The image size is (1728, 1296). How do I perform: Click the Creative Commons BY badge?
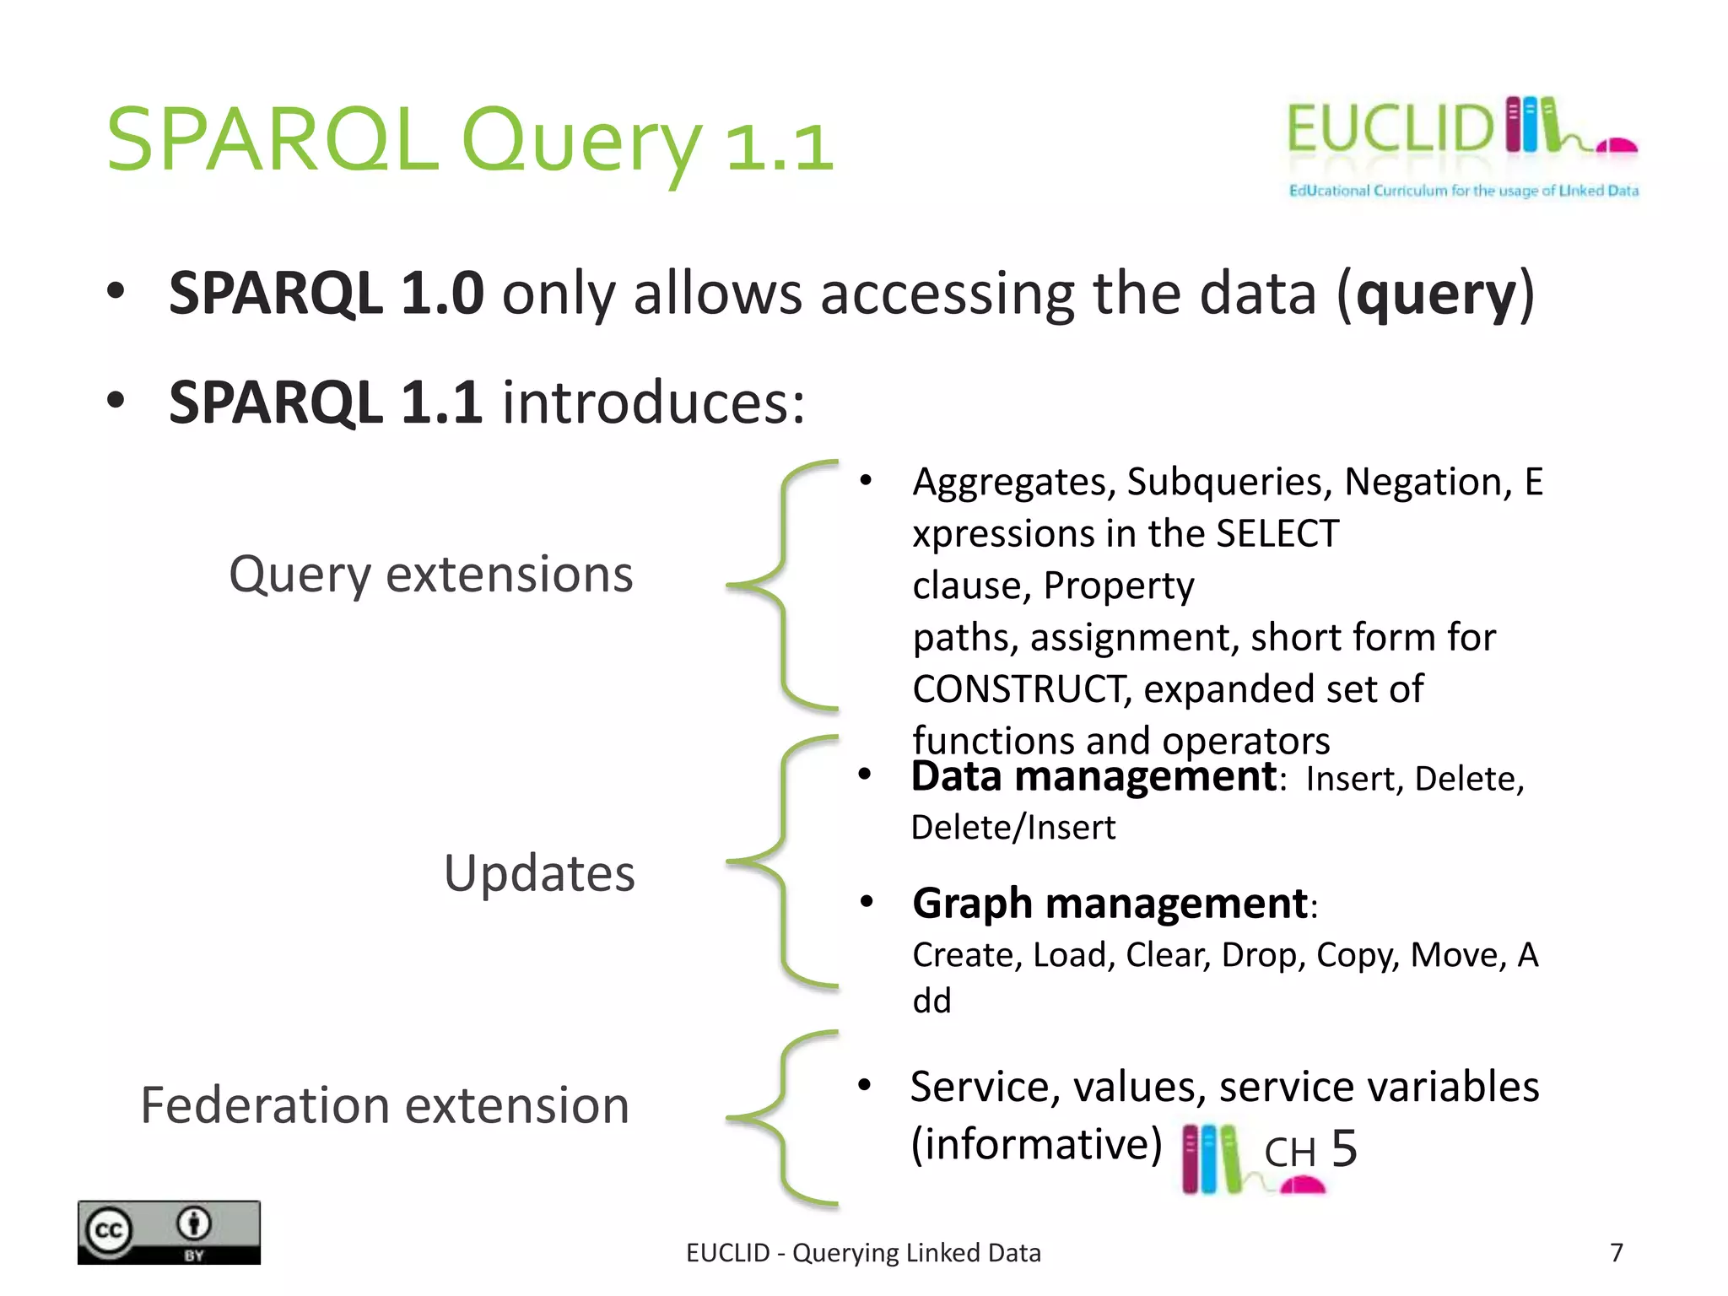coord(169,1232)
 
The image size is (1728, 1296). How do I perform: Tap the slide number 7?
coord(1616,1252)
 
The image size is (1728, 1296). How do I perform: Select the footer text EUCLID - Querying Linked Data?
coord(863,1253)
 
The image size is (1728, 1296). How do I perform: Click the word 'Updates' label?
coord(539,873)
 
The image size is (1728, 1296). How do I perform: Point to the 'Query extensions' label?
coord(430,575)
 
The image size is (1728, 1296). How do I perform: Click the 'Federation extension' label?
coord(385,1105)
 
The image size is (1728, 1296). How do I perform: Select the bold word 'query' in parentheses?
coord(1436,294)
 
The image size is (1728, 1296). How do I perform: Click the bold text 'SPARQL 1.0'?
coord(327,294)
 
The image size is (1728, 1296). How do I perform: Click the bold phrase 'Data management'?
coord(1093,776)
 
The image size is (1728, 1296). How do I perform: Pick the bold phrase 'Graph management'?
coord(1110,904)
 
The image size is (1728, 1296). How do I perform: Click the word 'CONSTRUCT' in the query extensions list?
coord(1021,689)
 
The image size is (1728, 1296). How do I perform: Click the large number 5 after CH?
coord(1343,1148)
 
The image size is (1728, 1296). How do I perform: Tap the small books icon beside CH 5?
coord(1212,1159)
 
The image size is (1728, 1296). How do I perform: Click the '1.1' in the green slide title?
coord(780,147)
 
